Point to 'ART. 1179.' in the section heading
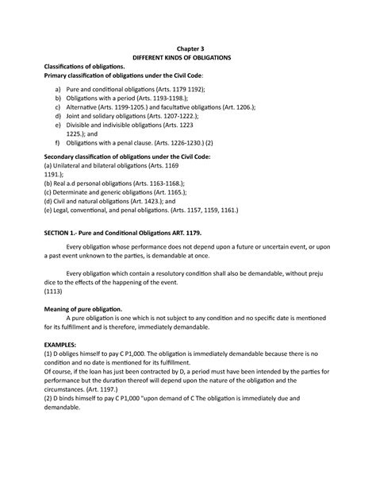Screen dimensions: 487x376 coord(183,236)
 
